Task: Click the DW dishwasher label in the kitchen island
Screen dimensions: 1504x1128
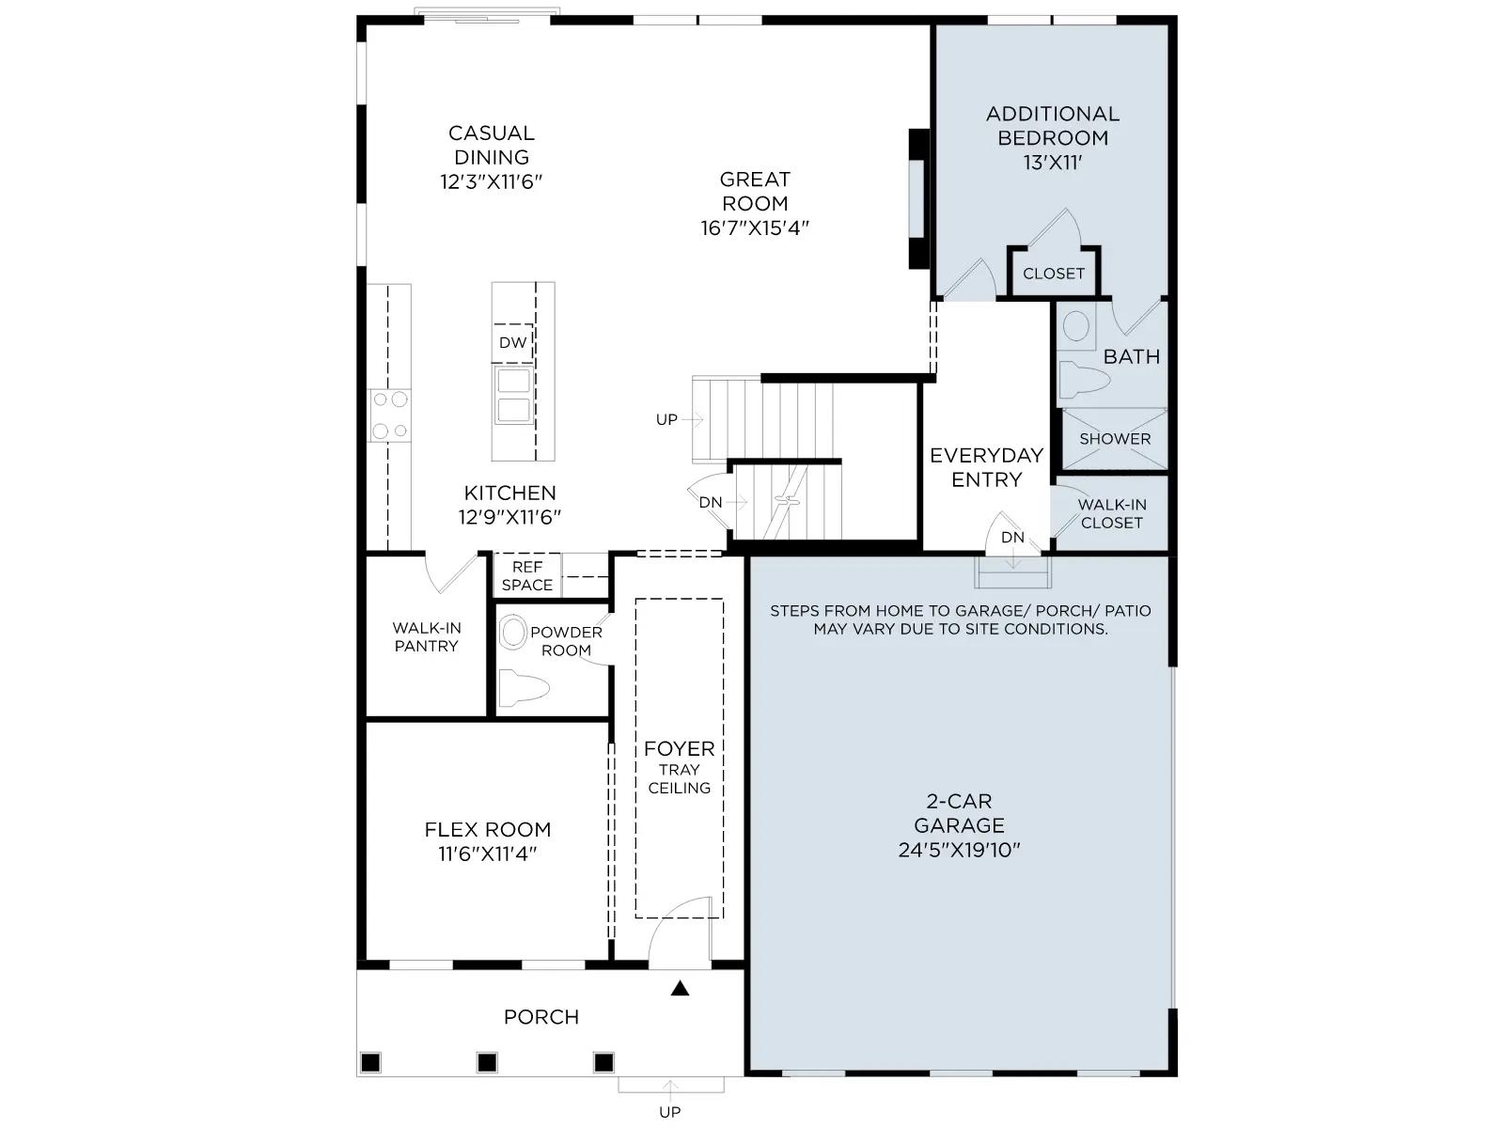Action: coord(512,342)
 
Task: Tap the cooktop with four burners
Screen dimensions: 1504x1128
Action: coord(389,415)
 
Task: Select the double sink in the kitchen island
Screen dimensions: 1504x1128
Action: coord(513,395)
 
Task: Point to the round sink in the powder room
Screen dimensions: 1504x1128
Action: coord(512,632)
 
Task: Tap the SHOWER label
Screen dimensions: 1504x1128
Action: coord(1115,439)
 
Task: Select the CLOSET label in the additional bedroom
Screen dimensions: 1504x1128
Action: coord(1053,274)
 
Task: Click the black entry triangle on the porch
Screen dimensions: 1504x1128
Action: coord(680,988)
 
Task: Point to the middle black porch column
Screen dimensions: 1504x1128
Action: coord(487,1063)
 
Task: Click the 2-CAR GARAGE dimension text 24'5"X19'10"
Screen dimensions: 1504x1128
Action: coord(960,850)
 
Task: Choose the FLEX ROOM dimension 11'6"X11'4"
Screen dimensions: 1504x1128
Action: coord(487,854)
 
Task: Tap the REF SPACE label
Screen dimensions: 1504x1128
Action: coord(527,576)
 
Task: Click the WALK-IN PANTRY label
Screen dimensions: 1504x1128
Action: coord(426,637)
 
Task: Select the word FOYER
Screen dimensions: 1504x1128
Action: coord(679,748)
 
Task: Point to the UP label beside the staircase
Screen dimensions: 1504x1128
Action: coord(666,419)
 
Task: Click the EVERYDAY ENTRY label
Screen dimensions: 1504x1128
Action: coord(987,467)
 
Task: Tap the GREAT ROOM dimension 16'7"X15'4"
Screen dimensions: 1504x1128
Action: coord(755,228)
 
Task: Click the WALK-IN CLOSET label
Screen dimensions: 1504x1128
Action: coord(1111,513)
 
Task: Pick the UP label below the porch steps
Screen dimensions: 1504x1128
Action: coord(669,1112)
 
